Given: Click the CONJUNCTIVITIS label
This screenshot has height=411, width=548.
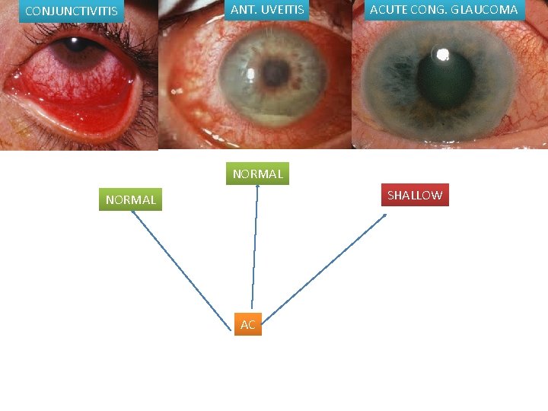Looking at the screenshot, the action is pyautogui.click(x=72, y=11).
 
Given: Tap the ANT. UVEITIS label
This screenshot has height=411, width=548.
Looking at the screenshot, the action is pyautogui.click(x=266, y=10).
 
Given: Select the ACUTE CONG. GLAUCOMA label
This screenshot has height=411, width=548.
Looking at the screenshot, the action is pyautogui.click(x=443, y=10).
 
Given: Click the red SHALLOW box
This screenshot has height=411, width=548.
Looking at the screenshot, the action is pyautogui.click(x=414, y=195).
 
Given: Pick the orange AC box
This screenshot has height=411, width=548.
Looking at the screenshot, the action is pyautogui.click(x=247, y=324).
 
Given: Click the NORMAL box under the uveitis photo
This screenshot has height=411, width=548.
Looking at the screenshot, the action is pyautogui.click(x=257, y=174).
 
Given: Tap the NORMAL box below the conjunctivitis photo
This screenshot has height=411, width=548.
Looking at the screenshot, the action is pyautogui.click(x=130, y=199).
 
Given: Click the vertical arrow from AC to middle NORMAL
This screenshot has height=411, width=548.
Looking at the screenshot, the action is pyautogui.click(x=254, y=251).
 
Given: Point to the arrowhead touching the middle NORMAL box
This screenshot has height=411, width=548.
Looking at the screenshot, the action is pyautogui.click(x=257, y=187).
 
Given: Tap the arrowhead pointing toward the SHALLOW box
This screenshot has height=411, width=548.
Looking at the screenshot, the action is pyautogui.click(x=384, y=216).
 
